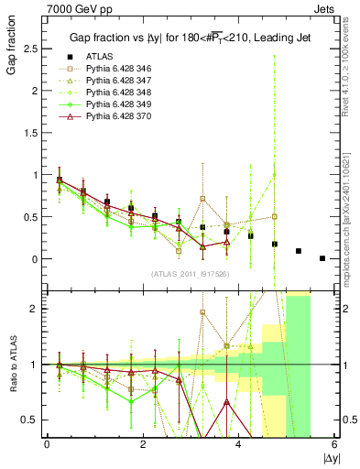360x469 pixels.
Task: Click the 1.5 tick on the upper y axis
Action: [x=27, y=133]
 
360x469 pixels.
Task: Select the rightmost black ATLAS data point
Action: [x=322, y=258]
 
